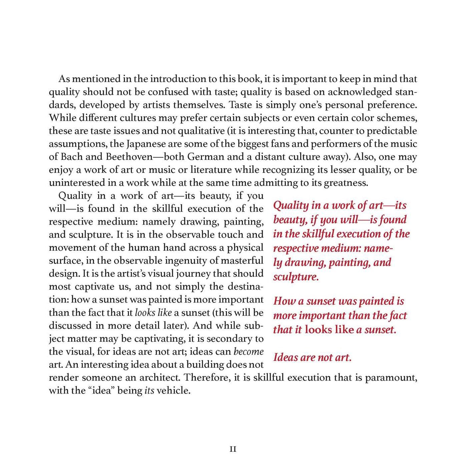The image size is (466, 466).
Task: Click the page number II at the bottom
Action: point(233,449)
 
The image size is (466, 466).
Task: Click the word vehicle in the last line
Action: point(173,391)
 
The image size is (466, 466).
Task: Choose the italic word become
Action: point(248,352)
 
